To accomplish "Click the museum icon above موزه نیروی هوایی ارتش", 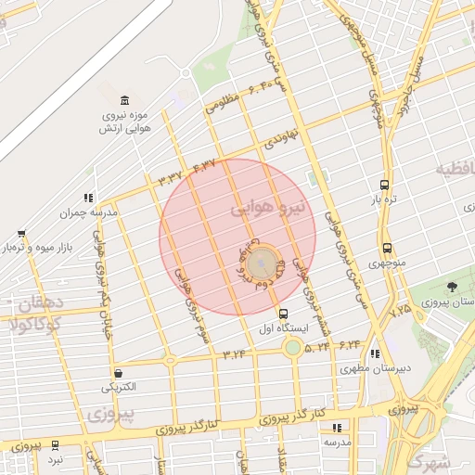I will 124,100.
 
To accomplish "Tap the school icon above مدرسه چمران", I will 88,198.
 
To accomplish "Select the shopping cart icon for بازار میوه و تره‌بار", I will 20,234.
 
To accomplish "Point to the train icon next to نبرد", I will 56,445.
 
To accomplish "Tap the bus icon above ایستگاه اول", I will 283,314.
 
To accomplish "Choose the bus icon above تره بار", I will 385,185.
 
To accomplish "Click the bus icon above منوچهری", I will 387,248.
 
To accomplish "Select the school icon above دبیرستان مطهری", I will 375,353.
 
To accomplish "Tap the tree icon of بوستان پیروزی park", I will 452,286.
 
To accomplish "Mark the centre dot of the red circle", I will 263,262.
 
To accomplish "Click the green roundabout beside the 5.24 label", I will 292,348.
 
